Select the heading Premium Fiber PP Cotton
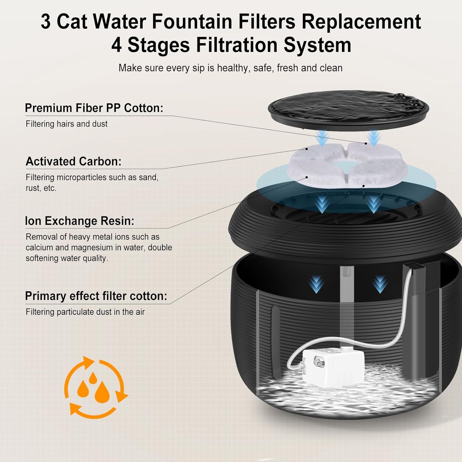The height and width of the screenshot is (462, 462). (94, 108)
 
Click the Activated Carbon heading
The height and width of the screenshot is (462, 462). (73, 161)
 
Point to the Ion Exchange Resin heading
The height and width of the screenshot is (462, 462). (79, 221)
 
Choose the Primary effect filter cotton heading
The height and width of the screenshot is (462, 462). (96, 296)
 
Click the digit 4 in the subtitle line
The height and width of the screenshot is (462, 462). (116, 45)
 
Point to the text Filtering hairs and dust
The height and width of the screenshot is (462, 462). (67, 124)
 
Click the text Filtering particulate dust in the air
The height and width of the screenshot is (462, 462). (85, 312)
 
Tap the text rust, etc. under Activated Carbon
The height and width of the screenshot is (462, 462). (41, 188)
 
